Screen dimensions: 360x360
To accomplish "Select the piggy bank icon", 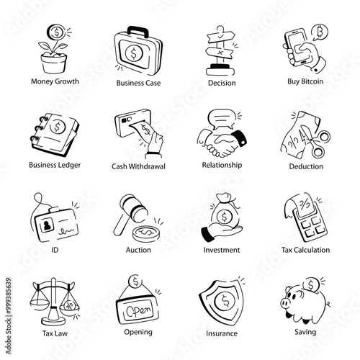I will coord(303,303).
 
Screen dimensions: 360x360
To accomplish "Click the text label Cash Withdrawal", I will coord(138,166).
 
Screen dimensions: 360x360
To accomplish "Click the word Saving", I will coord(305,333).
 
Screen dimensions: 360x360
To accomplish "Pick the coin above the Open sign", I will coord(135,282).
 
